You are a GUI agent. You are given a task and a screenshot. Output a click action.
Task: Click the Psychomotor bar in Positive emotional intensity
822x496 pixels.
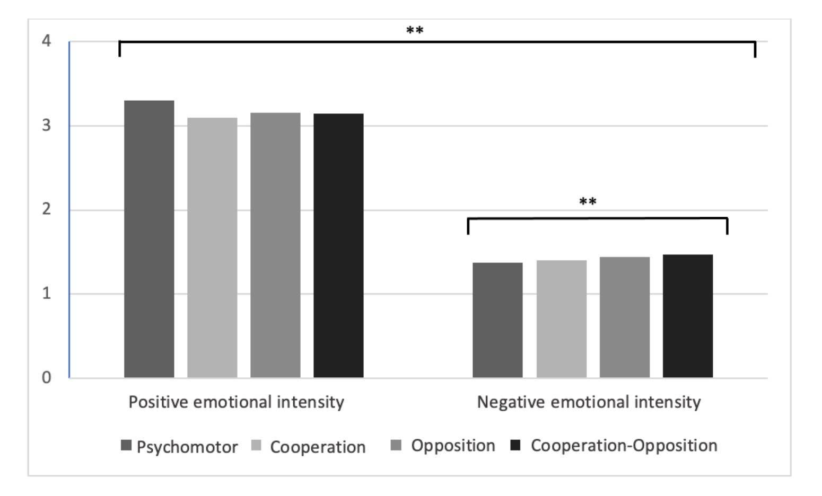coord(149,239)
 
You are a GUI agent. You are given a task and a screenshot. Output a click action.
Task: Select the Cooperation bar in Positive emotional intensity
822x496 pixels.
coord(212,247)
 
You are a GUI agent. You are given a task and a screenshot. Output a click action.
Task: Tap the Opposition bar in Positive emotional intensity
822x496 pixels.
coord(275,245)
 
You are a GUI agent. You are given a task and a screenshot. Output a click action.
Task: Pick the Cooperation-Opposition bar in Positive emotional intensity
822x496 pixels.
coord(338,246)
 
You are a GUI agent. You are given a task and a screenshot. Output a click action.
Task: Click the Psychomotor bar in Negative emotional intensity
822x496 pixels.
coord(497,320)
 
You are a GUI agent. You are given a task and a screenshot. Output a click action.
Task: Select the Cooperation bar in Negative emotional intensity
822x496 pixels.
coord(562,319)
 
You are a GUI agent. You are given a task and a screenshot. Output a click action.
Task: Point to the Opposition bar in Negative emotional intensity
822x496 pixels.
coord(625,317)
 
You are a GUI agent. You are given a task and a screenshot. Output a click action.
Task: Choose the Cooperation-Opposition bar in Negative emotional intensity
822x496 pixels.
coord(688,316)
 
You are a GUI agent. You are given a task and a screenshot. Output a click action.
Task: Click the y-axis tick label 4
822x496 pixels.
coord(46,41)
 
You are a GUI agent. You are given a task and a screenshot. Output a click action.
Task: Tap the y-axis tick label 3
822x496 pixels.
coord(46,126)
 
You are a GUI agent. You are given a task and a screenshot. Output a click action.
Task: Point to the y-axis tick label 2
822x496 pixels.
coord(46,209)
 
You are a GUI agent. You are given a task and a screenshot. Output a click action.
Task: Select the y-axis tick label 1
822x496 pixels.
coord(46,293)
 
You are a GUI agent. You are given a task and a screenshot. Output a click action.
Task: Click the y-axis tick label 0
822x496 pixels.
coord(46,377)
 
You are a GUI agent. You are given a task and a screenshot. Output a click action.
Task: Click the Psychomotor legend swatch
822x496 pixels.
coord(126,446)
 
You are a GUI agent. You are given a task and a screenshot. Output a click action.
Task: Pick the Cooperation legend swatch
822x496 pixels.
coord(256,446)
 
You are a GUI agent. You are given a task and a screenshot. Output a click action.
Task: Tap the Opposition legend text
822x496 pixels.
coord(453,446)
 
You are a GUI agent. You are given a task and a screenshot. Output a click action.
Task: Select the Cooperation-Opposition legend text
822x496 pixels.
coord(624,446)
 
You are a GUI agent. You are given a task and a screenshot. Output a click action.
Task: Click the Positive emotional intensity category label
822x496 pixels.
coord(237,403)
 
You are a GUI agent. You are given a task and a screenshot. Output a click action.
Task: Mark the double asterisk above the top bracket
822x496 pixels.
coord(415,30)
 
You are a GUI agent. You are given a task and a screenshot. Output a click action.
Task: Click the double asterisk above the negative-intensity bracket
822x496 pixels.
coord(588,201)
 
